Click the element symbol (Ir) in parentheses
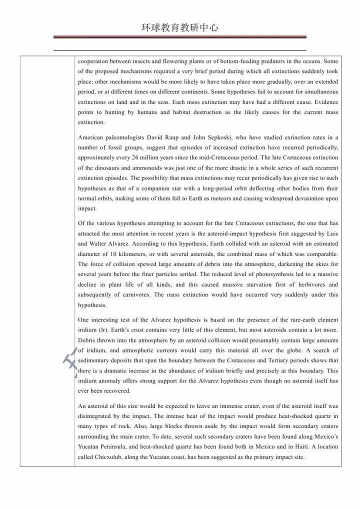click(x=103, y=330)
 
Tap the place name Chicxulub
click(x=110, y=457)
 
